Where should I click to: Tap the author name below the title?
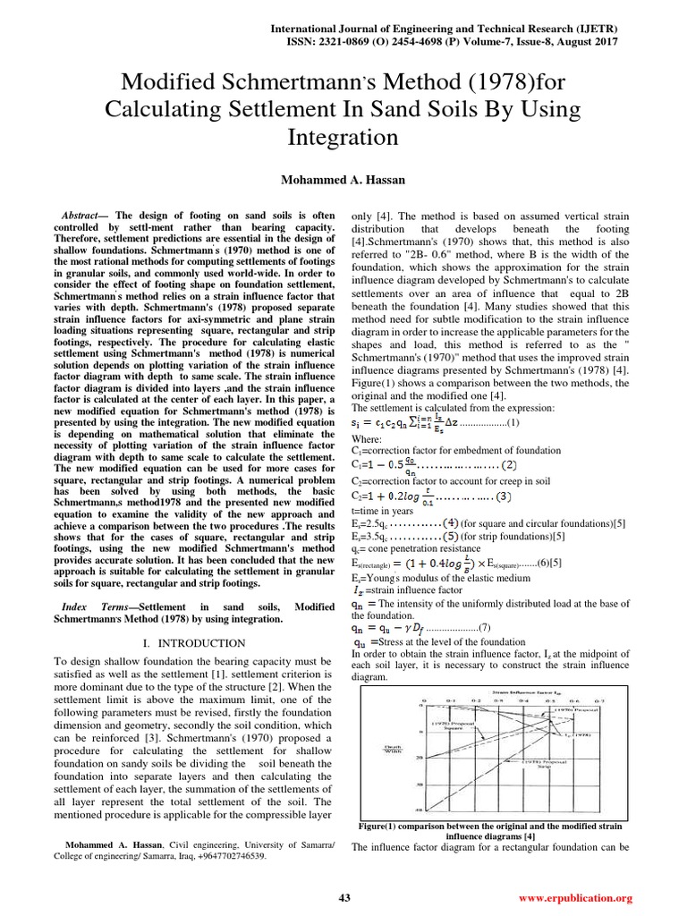pyautogui.click(x=343, y=179)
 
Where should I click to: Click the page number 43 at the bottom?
pyautogui.click(x=344, y=897)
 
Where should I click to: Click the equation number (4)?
pyautogui.click(x=447, y=522)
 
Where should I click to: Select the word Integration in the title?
pyautogui.click(x=343, y=138)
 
